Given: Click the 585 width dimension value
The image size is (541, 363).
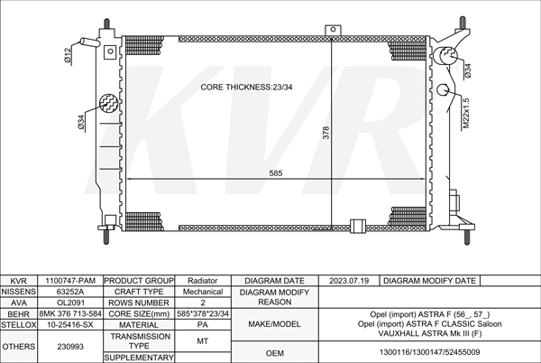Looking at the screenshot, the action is [x=275, y=173].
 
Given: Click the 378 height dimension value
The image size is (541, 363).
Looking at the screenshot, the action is [x=326, y=133].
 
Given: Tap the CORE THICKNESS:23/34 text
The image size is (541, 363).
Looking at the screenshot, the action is [x=246, y=87].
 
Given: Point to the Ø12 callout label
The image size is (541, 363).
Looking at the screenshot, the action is [x=68, y=55].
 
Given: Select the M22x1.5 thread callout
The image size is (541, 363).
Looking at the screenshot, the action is [x=466, y=113].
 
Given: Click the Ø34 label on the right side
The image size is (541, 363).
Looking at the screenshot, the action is [x=467, y=70].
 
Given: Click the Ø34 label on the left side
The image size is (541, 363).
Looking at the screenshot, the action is [x=81, y=122].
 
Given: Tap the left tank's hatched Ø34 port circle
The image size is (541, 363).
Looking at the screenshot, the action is [x=109, y=103].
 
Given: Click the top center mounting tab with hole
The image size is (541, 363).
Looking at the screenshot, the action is [x=333, y=30].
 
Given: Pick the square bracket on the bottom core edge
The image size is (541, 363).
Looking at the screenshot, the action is [x=358, y=226].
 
